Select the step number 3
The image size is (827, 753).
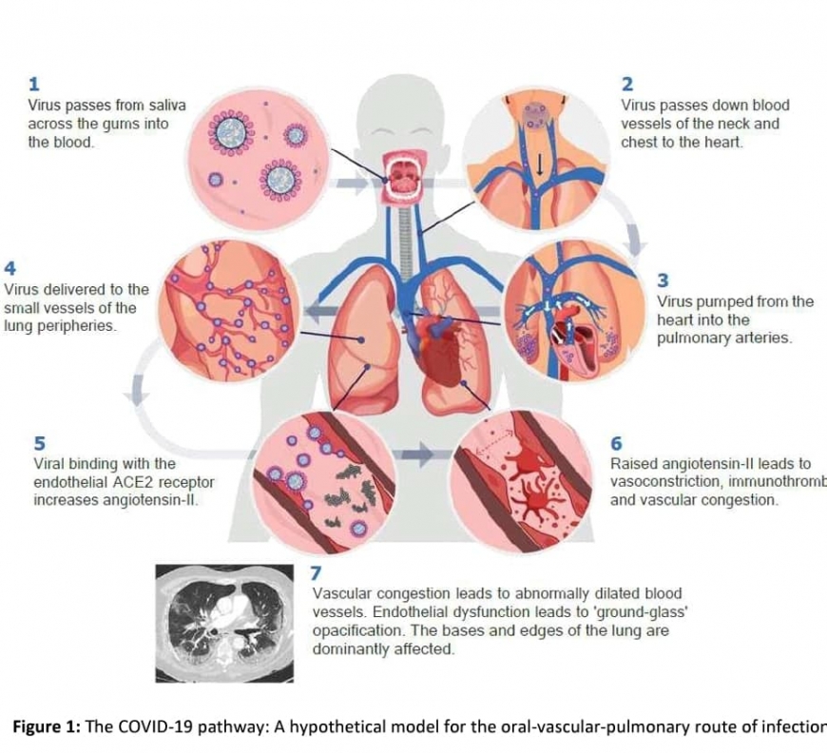click(x=663, y=280)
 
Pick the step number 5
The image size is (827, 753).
click(x=39, y=444)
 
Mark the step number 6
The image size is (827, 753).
click(x=616, y=444)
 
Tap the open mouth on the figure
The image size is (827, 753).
click(x=400, y=177)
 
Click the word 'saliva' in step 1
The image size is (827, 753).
click(x=165, y=106)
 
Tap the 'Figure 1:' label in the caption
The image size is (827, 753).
click(x=46, y=727)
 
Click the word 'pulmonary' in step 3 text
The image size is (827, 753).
click(x=693, y=338)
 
